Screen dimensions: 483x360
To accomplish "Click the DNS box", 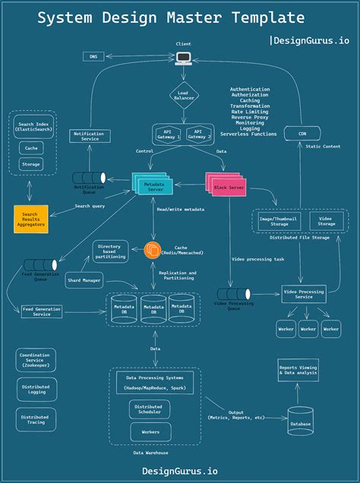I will tap(93, 56).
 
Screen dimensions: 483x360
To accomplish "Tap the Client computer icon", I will tap(183, 58).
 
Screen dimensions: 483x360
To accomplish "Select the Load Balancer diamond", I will tap(183, 95).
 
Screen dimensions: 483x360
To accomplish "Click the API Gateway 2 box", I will tap(198, 134).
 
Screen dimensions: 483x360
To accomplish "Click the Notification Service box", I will tap(89, 136).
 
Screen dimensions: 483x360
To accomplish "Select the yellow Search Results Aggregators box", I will tap(30, 219).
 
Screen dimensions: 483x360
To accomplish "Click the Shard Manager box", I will tap(84, 280).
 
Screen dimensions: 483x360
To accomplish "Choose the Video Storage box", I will tap(327, 221).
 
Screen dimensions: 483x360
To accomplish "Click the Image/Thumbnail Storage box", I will tap(278, 221).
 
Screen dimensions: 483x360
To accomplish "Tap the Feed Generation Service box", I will tap(42, 311).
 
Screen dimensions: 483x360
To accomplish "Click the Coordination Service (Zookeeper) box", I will tap(35, 360).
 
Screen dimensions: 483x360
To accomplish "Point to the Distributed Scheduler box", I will tap(155, 409).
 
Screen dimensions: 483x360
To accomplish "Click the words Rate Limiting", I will tap(249, 112).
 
